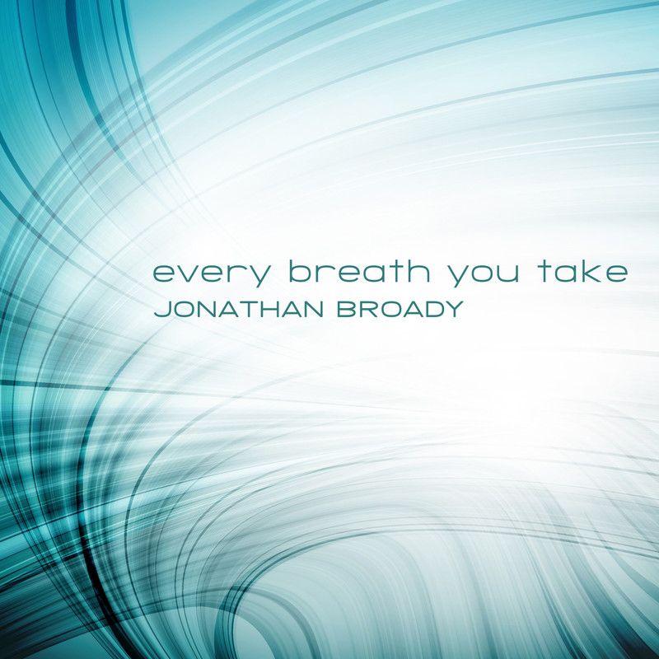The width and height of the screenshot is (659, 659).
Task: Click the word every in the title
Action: point(212,275)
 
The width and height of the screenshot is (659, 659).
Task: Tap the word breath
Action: point(360,271)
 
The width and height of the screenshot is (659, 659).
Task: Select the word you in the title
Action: point(483,275)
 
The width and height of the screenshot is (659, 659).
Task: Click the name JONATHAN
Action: point(239,309)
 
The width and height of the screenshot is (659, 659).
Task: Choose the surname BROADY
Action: point(400,309)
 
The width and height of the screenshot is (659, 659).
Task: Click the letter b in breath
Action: point(301,271)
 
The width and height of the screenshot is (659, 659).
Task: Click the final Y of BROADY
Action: point(452,309)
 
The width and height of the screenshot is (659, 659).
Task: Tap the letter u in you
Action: point(507,273)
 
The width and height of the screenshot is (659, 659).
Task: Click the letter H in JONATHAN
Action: point(269,309)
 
